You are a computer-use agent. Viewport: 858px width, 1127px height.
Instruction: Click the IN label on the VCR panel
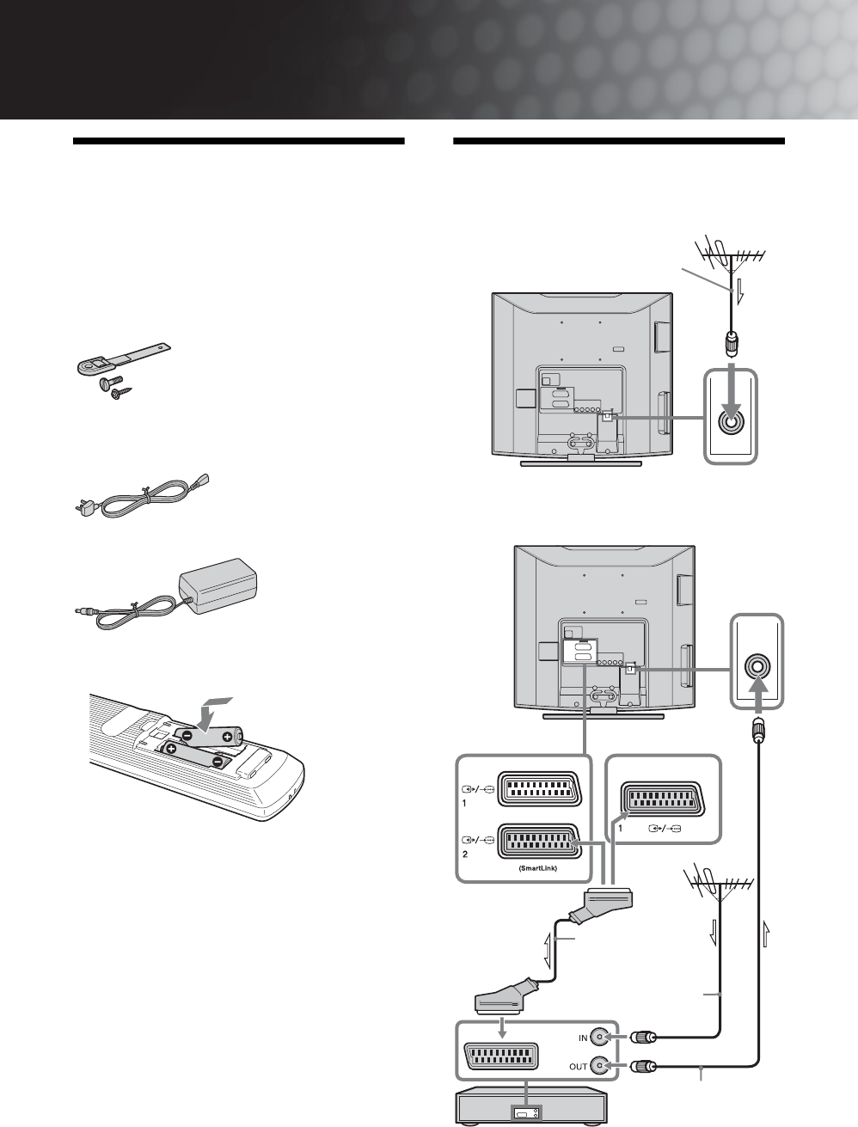(x=582, y=1038)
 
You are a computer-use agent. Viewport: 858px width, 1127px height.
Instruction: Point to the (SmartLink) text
(x=540, y=869)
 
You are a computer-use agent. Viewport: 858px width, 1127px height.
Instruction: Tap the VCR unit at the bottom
(x=530, y=1109)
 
